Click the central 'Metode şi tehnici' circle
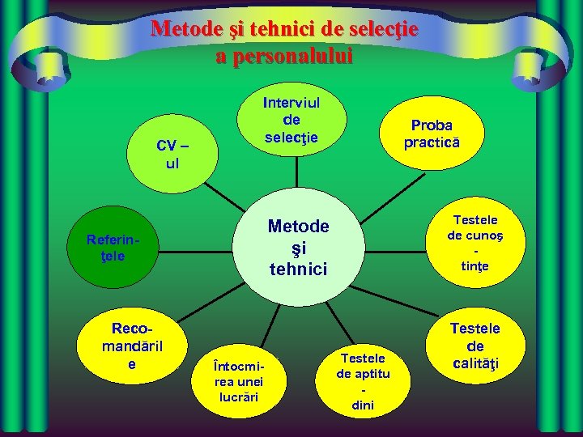[299, 248]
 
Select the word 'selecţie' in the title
[383, 30]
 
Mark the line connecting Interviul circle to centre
[297, 172]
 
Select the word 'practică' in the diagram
[432, 142]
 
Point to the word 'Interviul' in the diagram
[291, 104]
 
